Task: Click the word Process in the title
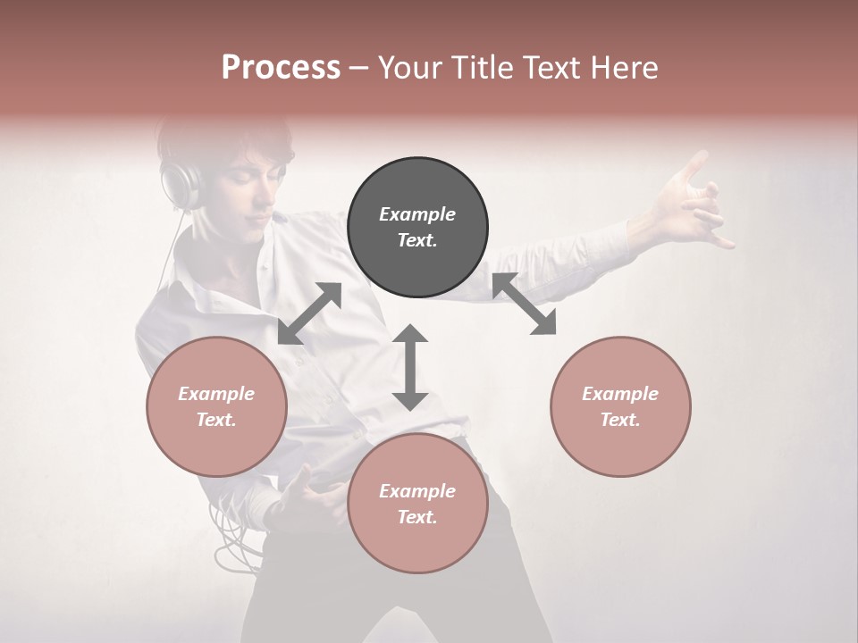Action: pyautogui.click(x=281, y=68)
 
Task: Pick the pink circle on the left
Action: pyautogui.click(x=216, y=406)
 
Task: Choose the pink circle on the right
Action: pyautogui.click(x=620, y=406)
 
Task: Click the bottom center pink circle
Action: pyautogui.click(x=417, y=504)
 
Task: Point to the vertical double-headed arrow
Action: pyautogui.click(x=410, y=367)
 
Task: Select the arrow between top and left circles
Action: pyautogui.click(x=309, y=313)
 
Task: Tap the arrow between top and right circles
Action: pyautogui.click(x=525, y=305)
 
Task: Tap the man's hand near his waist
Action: pyautogui.click(x=304, y=487)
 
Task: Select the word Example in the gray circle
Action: pyautogui.click(x=417, y=214)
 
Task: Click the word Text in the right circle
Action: pyautogui.click(x=620, y=420)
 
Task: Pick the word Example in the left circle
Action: pyautogui.click(x=216, y=394)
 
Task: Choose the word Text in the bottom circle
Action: pyautogui.click(x=417, y=517)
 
